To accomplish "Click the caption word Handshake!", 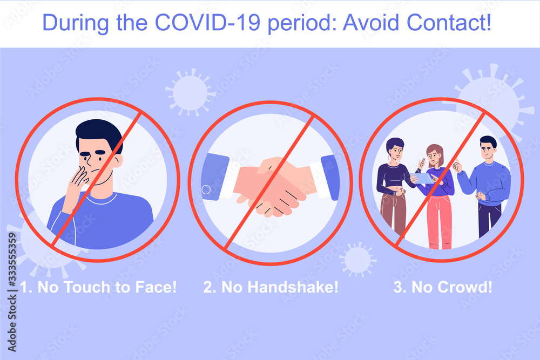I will (293, 287).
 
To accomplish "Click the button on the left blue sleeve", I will (206, 190).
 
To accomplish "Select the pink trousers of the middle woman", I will (439, 221).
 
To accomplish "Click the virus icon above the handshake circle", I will (190, 91).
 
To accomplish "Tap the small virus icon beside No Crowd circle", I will (358, 259).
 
